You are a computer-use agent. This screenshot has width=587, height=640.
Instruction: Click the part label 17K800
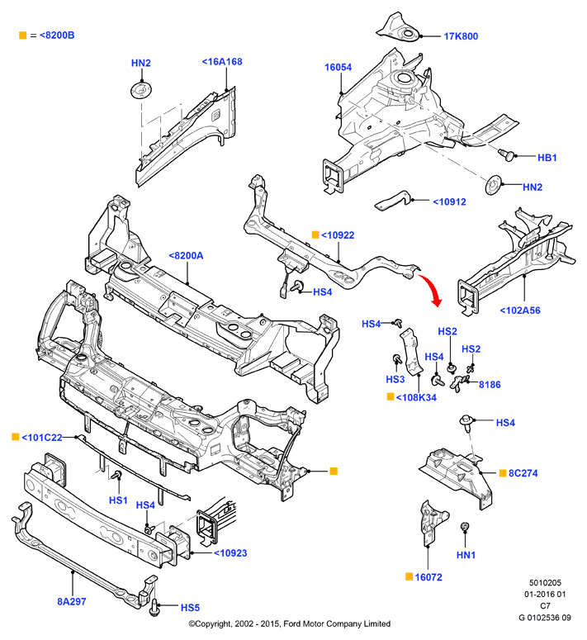pos(461,36)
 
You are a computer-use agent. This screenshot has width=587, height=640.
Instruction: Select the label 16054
pos(338,69)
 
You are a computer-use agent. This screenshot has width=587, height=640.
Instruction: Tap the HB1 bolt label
pos(547,157)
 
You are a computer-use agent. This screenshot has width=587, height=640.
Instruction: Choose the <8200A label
pos(186,256)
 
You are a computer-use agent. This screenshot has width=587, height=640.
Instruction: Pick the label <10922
pos(337,235)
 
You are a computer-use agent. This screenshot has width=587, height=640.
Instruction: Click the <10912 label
pos(449,201)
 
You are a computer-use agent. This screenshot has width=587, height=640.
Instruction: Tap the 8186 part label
pos(490,385)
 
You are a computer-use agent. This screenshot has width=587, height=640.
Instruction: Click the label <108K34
pos(416,397)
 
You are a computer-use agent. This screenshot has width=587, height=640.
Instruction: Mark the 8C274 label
pos(523,473)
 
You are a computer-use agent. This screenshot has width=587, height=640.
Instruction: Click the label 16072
pos(430,577)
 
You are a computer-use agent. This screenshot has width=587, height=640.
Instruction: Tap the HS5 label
pos(190,607)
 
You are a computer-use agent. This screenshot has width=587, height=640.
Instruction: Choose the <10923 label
pos(230,553)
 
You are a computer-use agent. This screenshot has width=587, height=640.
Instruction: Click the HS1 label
pos(118,500)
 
